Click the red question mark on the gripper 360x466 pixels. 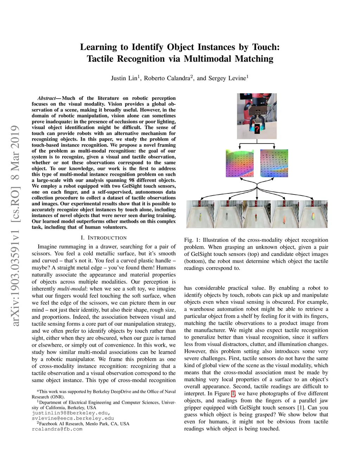tap(257, 129)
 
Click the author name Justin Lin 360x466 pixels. tap(124, 78)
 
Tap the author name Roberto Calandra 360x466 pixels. tap(167, 78)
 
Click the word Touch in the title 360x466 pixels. tap(264, 47)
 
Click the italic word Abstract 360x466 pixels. tap(47, 98)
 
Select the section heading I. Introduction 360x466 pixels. tap(104, 238)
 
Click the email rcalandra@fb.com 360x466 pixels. tap(57, 429)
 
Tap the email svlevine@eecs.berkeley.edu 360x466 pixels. tap(73, 419)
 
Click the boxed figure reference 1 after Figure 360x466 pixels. tap(233, 394)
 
